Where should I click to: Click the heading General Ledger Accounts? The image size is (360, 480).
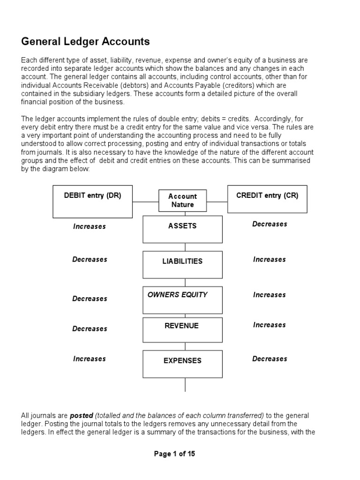[x=85, y=42]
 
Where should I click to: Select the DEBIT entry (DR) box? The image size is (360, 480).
[x=92, y=202]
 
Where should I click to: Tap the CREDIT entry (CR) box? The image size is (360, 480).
[x=267, y=199]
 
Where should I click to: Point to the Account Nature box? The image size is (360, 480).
[x=182, y=201]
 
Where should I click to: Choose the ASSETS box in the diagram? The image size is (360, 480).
[x=182, y=229]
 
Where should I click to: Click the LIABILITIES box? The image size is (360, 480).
[x=182, y=265]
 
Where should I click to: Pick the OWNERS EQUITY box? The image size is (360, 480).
[x=182, y=300]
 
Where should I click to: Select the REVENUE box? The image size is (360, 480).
[x=182, y=330]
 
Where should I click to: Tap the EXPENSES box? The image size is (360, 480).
[x=182, y=364]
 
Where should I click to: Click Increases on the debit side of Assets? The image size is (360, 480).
[x=89, y=226]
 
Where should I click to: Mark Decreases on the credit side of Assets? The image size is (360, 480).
[x=270, y=224]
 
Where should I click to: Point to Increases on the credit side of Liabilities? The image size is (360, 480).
[x=270, y=259]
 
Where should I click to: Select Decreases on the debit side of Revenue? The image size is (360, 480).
[x=90, y=329]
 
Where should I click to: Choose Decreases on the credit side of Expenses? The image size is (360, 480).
[x=270, y=359]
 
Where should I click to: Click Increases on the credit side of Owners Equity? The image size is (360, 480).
[x=270, y=295]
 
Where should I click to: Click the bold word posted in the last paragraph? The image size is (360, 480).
[x=82, y=416]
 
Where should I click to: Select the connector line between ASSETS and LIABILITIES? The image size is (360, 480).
[x=185, y=247]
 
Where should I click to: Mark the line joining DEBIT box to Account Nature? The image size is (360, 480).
[x=146, y=202]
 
